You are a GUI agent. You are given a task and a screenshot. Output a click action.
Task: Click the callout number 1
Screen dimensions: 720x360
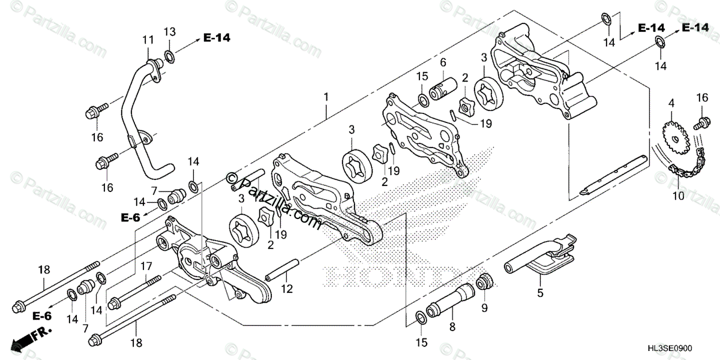point(326,97)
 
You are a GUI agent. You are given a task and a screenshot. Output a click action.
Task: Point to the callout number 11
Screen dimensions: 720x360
point(148,40)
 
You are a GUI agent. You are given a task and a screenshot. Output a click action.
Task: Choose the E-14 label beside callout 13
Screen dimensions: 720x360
point(217,38)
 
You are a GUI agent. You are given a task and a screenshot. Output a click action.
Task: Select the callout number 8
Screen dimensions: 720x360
point(452,327)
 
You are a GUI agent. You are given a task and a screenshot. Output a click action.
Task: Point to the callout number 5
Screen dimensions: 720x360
point(540,293)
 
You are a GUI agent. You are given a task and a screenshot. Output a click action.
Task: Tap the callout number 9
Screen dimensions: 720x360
point(484,308)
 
